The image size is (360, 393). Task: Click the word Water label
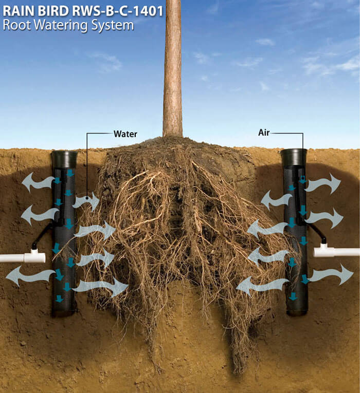[x=125, y=134]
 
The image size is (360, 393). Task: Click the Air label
[x=264, y=133]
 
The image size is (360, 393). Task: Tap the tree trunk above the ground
[x=173, y=68]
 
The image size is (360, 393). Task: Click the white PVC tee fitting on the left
[x=34, y=255]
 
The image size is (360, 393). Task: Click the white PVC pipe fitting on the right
[x=324, y=251]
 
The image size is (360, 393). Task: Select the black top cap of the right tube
[x=294, y=157]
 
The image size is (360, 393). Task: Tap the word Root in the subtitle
[x=17, y=25]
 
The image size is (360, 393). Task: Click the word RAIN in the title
[x=19, y=11]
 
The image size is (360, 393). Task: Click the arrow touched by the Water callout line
[x=86, y=201]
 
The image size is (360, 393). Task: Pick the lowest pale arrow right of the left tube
[x=100, y=287]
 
